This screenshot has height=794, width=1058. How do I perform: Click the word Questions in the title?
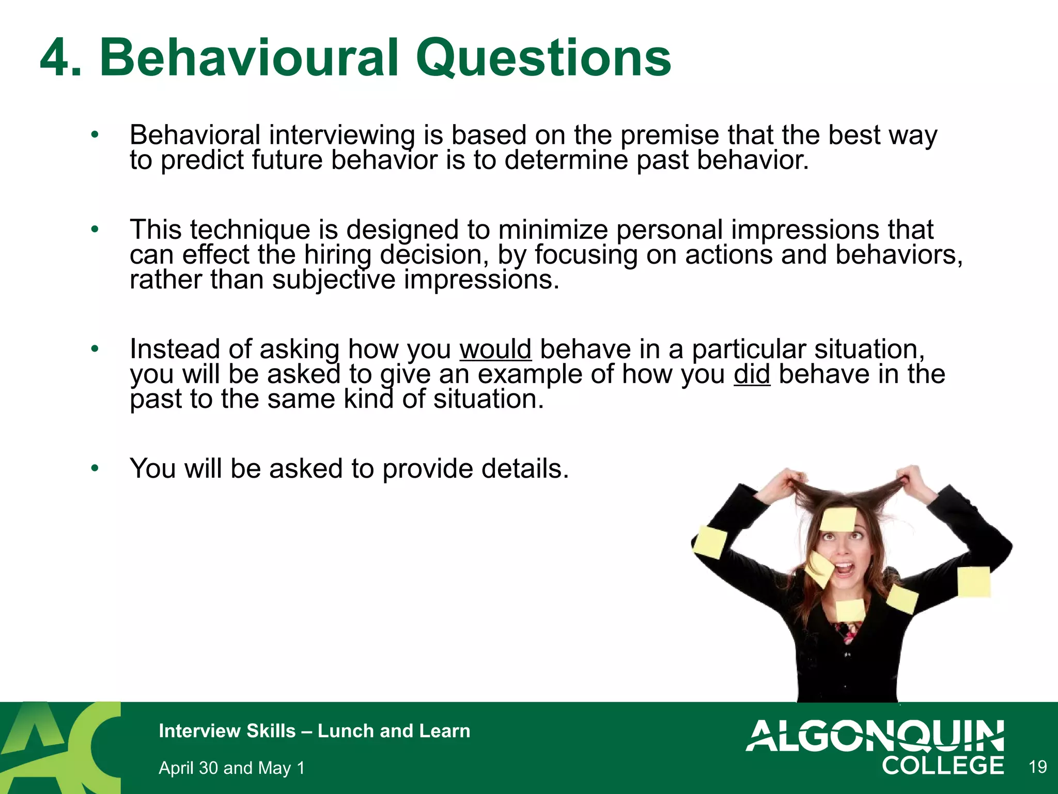click(x=543, y=58)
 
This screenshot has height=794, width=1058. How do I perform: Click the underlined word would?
click(x=495, y=349)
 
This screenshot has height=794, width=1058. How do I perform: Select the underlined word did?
click(x=752, y=374)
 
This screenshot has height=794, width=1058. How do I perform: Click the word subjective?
click(x=333, y=280)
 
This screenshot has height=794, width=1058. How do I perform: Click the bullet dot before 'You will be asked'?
click(x=95, y=468)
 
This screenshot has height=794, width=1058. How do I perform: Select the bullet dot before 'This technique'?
click(x=95, y=229)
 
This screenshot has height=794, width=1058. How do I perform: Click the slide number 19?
click(x=1037, y=767)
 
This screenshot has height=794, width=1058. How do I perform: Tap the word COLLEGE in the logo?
click(x=943, y=766)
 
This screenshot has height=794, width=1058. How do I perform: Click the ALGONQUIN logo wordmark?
click(x=875, y=736)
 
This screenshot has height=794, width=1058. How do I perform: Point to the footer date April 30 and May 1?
click(x=231, y=768)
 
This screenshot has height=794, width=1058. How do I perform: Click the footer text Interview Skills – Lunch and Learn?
click(x=314, y=731)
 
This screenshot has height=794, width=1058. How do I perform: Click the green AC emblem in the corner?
click(x=59, y=747)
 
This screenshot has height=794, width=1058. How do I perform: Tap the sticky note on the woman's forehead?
click(x=838, y=519)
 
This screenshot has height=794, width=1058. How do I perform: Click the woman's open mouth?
click(x=844, y=569)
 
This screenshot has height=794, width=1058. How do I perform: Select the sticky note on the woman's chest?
click(x=850, y=610)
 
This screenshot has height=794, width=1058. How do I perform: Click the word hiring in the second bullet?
click(x=337, y=254)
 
